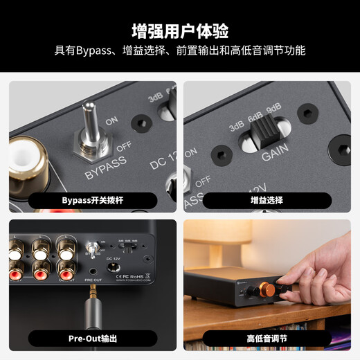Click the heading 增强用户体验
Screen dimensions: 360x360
coord(180,30)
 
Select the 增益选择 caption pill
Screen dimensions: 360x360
coord(267,200)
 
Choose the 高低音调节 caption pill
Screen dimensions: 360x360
coord(267,339)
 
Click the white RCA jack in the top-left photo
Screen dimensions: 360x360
coord(26,161)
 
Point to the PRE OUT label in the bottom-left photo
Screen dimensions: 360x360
coord(93,280)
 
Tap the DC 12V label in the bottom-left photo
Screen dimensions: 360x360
coord(111,259)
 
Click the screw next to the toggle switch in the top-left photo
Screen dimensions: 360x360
coord(142,125)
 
